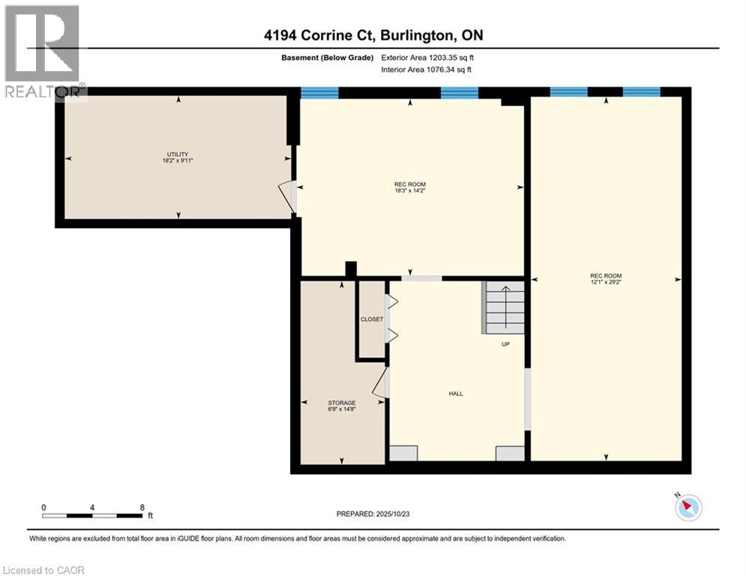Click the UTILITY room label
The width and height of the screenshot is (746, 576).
[178, 154]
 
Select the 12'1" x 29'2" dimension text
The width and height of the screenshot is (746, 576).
[606, 283]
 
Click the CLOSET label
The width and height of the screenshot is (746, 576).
[372, 319]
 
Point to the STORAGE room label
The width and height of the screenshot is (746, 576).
[342, 403]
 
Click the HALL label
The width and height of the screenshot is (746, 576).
[455, 394]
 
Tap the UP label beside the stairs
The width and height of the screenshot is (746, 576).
[506, 345]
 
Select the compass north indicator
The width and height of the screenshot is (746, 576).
[687, 508]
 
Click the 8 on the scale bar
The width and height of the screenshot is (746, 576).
[142, 507]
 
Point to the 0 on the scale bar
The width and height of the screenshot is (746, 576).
[44, 507]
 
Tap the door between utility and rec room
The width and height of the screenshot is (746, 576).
[289, 196]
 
